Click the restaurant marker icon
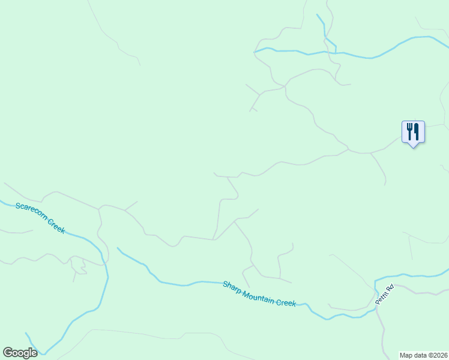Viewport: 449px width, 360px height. [413, 132]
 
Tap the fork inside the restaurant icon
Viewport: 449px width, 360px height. [409, 131]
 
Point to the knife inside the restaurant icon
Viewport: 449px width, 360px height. [417, 131]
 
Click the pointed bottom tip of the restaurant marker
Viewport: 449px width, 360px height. [413, 147]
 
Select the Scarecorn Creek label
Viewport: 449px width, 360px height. [40, 218]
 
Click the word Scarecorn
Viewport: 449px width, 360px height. [31, 212]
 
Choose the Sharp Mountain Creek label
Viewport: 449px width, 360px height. [259, 293]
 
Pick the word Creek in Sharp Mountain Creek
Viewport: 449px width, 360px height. [286, 302]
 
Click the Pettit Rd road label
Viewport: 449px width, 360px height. [384, 295]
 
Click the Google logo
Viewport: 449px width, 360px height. [20, 353]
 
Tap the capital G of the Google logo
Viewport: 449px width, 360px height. [7, 352]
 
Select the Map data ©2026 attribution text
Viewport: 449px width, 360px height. [424, 355]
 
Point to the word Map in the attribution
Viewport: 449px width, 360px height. [406, 355]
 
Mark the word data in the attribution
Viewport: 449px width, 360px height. [420, 355]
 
